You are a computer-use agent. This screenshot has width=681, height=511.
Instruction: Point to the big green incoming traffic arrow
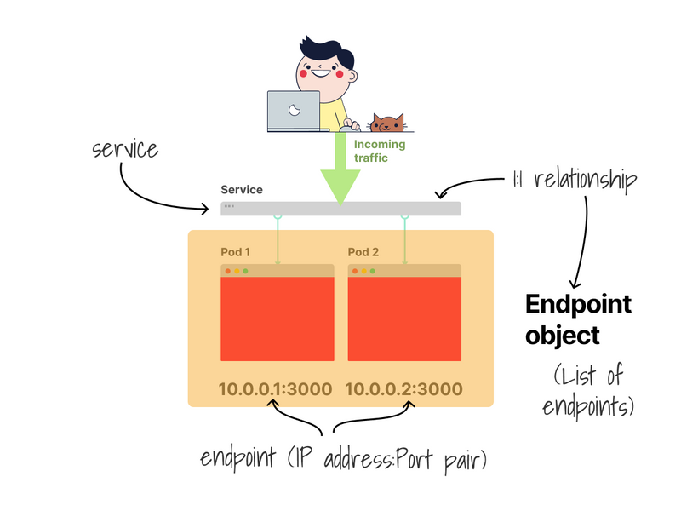340,175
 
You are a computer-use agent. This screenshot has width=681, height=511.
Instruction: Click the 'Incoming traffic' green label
380,151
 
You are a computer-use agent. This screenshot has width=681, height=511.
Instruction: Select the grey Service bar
340,208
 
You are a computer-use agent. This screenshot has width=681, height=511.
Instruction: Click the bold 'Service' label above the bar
242,190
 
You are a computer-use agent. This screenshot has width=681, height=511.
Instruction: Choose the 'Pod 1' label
235,252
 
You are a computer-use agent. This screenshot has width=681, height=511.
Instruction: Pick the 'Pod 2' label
363,252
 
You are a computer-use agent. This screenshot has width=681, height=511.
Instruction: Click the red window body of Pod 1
278,319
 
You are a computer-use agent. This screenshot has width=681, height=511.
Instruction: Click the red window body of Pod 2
405,319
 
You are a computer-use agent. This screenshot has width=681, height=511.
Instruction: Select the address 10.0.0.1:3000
276,389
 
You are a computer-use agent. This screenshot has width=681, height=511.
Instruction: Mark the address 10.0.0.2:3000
403,389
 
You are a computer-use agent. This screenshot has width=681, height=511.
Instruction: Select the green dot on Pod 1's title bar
245,271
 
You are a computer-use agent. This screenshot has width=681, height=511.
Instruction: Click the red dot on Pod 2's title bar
355,271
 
